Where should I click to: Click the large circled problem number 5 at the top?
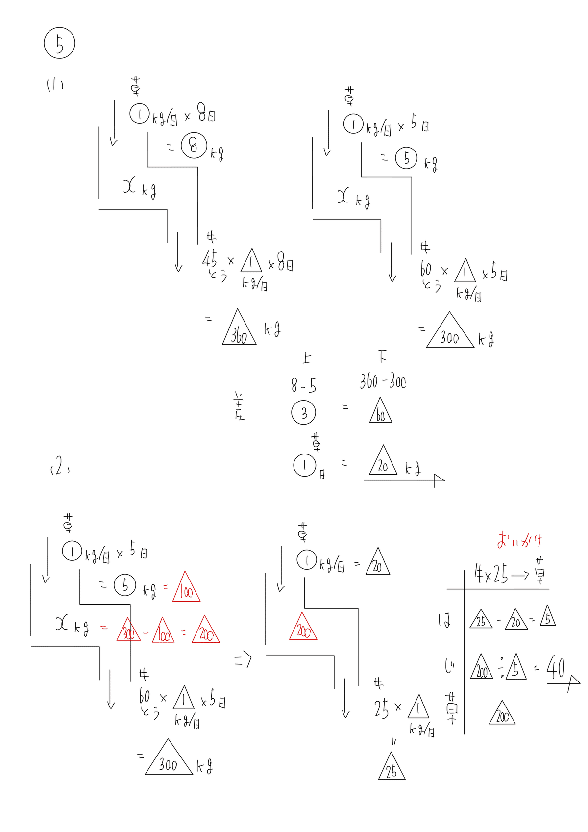[x=59, y=44]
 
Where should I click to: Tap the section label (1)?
[x=55, y=85]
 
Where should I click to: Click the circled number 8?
[x=194, y=146]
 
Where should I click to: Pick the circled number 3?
[x=303, y=413]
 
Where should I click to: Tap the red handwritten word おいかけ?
[x=519, y=540]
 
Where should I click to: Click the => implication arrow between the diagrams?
[x=243, y=660]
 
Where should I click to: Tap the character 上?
[x=306, y=358]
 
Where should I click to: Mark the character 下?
[x=382, y=356]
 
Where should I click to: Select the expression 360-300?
[x=383, y=381]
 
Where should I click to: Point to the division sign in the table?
[x=502, y=667]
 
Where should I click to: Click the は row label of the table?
[x=444, y=620]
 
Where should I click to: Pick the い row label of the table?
[x=449, y=666]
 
